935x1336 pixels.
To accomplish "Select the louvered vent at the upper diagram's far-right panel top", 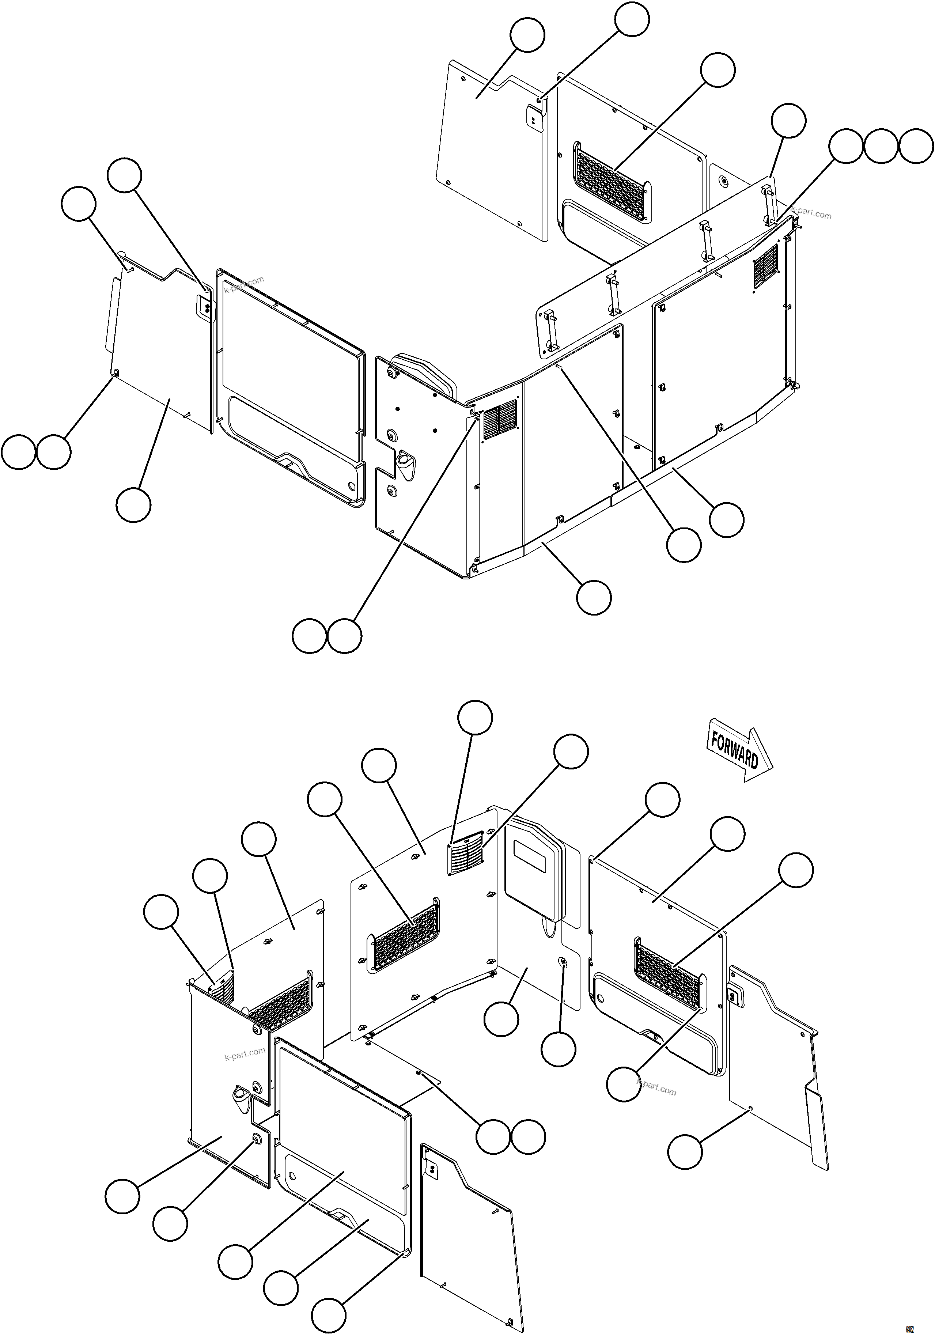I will [x=766, y=266].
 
